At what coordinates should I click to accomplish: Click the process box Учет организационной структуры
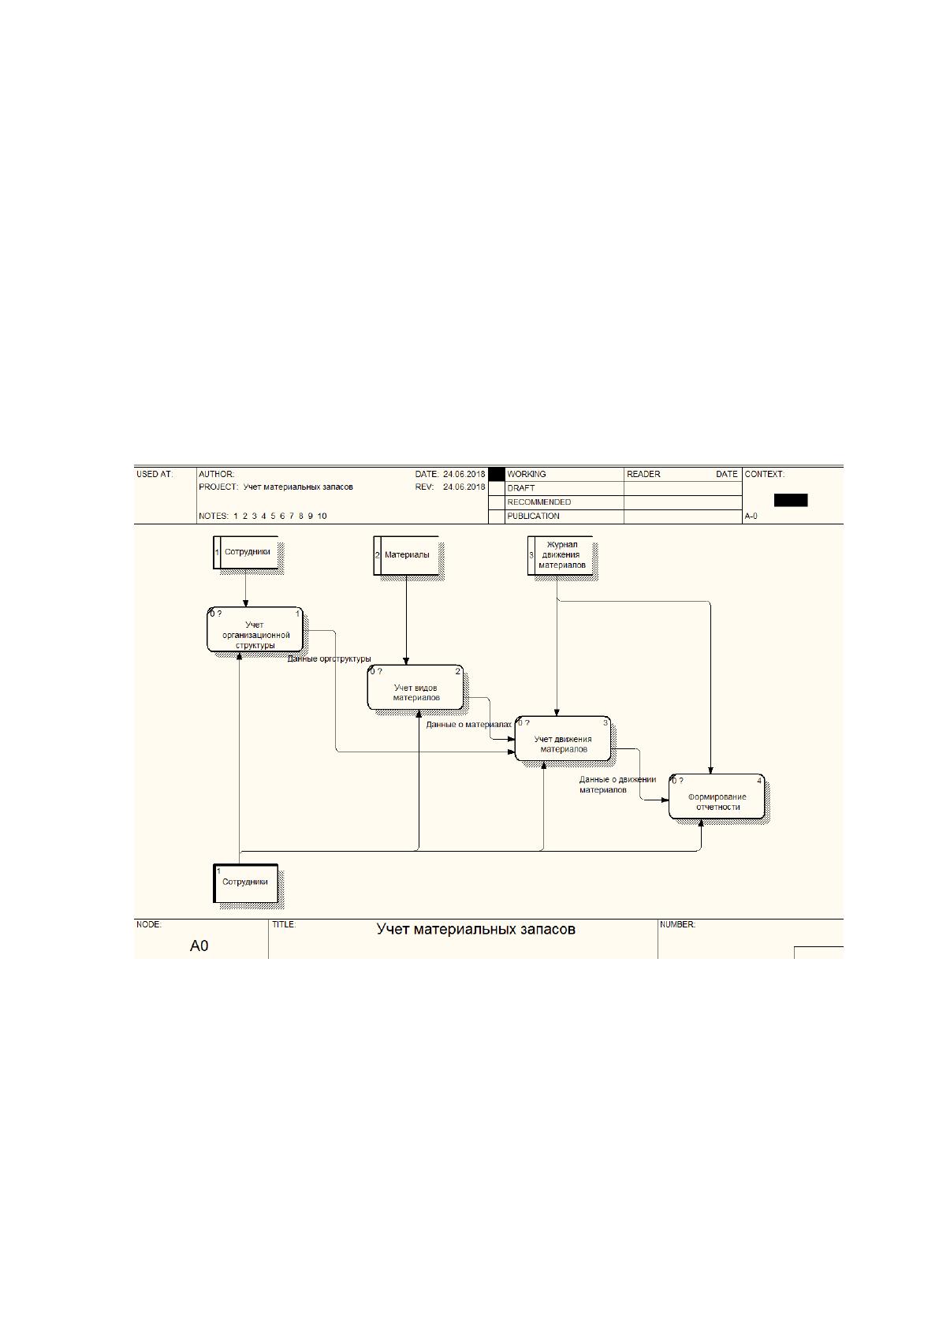coord(255,629)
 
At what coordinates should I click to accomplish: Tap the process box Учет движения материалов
coord(563,739)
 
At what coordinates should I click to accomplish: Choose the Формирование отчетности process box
coord(717,796)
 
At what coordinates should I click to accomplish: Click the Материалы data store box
coord(406,555)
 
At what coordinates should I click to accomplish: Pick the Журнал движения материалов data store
coord(561,555)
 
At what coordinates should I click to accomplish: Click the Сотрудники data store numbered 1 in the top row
coord(246,552)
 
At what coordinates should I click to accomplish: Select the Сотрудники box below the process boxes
coord(245,883)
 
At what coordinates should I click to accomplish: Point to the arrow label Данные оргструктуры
coord(329,658)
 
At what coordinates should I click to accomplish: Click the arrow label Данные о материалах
coord(468,725)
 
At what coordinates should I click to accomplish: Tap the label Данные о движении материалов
coord(617,785)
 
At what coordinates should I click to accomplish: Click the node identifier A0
coord(199,946)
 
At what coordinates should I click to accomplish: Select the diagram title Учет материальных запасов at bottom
coord(475,929)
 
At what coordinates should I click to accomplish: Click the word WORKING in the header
coord(527,474)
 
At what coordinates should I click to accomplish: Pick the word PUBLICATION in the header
coord(533,516)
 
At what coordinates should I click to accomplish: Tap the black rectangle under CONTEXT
coord(790,501)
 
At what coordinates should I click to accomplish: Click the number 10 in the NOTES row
coord(322,516)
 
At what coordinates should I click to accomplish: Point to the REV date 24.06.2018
coord(464,487)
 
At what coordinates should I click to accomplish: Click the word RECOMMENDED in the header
coord(538,502)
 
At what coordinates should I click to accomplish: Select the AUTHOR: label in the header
coord(216,474)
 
